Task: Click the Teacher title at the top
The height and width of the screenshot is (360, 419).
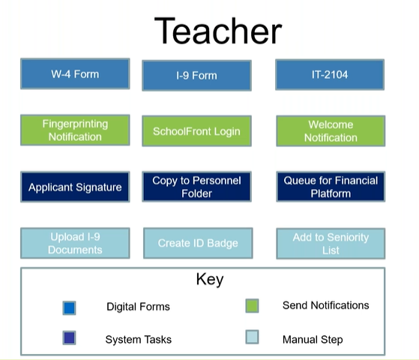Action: [218, 31]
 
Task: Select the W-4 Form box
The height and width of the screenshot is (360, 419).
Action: [75, 73]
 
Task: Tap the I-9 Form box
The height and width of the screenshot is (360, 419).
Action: [196, 76]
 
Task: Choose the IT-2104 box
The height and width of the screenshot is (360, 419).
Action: [330, 74]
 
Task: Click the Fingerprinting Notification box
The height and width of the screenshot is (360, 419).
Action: [75, 130]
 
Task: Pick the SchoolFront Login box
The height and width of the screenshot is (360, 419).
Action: [196, 131]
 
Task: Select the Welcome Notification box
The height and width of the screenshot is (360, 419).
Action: [331, 131]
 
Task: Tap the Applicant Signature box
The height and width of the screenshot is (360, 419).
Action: [75, 187]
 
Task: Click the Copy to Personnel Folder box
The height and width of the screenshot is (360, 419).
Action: [196, 187]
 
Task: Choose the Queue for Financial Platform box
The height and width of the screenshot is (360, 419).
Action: [331, 187]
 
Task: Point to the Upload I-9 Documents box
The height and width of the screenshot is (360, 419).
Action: [75, 243]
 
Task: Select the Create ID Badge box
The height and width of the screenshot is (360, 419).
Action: [198, 243]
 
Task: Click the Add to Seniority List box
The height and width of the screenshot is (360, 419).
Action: [331, 244]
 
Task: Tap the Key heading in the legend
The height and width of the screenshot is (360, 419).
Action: [210, 280]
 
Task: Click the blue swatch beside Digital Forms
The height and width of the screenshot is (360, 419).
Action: [69, 307]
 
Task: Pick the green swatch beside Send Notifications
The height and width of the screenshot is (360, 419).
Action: [252, 306]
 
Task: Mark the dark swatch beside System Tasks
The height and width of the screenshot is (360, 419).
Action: [69, 337]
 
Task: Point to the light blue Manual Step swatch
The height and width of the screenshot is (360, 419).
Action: [252, 337]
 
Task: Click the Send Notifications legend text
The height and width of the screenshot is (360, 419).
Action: [326, 305]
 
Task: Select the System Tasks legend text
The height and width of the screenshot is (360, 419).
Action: [139, 340]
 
